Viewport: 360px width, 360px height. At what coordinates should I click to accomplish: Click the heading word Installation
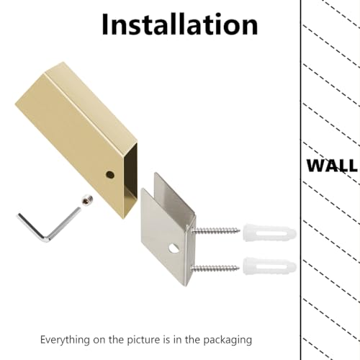180,24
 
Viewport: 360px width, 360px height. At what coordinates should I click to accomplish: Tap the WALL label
332,166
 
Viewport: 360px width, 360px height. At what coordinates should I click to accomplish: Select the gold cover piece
77,139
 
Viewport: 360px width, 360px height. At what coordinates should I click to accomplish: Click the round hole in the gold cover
110,174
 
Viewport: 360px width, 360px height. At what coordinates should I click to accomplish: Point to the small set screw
87,200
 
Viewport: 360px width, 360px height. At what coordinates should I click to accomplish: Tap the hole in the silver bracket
174,248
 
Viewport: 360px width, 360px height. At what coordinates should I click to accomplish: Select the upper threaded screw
215,231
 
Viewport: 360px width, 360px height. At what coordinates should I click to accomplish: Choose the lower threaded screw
215,268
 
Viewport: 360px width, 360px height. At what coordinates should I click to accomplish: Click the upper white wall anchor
269,233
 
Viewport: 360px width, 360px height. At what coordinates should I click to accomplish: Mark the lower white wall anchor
269,266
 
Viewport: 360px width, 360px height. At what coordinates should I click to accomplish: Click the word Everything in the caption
65,340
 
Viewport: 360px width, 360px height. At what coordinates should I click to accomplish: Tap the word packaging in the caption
228,341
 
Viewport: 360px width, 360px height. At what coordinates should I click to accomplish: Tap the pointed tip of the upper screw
240,231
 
